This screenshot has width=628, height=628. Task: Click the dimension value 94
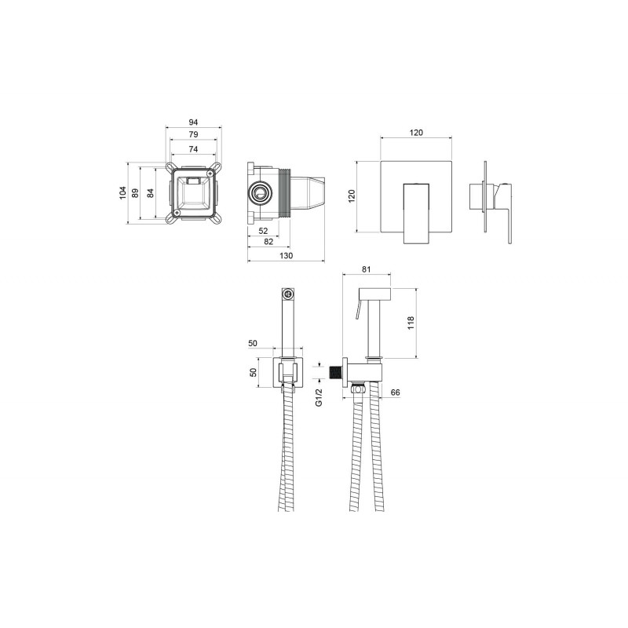click(193, 122)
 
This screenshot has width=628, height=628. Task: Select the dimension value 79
click(193, 134)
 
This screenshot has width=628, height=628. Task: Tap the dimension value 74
click(193, 149)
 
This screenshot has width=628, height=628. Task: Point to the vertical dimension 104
click(123, 192)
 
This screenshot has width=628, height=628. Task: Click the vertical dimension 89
click(135, 193)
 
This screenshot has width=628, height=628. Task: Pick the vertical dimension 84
click(150, 193)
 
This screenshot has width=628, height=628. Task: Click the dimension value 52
click(263, 231)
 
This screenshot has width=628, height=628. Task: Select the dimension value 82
click(268, 242)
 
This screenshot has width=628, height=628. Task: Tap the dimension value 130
click(286, 256)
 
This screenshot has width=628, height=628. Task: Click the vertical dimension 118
click(411, 323)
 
